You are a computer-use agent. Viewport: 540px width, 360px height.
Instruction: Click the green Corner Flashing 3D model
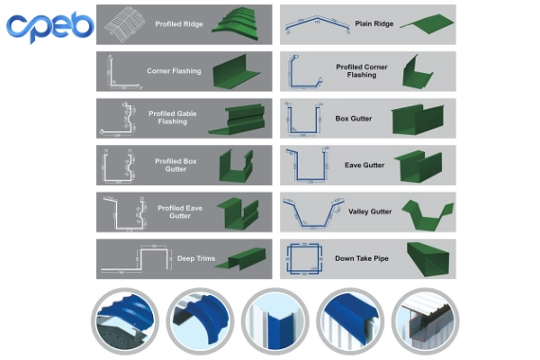coord(235,71)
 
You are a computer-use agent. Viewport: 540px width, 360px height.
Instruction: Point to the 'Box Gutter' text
coord(354,118)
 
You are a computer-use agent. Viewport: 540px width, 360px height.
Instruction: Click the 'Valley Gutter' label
coord(369,211)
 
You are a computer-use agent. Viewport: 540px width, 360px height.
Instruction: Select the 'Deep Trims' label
coord(196,259)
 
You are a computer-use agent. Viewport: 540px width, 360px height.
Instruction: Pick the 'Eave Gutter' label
coord(364,165)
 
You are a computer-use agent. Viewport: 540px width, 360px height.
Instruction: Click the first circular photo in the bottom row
coord(125,320)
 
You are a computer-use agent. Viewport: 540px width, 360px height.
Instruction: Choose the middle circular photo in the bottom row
coord(274,320)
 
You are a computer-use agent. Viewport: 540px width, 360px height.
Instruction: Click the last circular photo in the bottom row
coord(425,320)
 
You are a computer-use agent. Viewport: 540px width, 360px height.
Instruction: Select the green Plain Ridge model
coord(422,22)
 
